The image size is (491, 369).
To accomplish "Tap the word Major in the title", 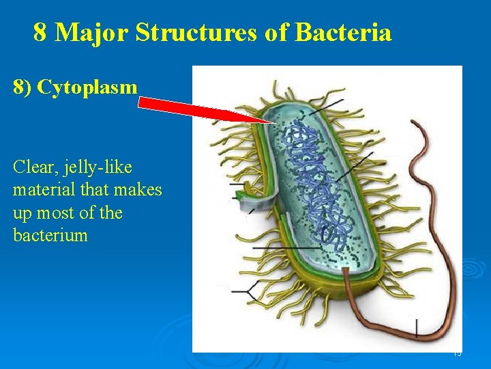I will coord(92,32).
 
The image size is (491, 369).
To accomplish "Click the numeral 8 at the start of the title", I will coord(40,32).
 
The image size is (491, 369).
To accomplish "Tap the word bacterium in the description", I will coord(50,236).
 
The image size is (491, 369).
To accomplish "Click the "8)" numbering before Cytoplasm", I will coord(23,87).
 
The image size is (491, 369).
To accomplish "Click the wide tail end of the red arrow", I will coord(141,103).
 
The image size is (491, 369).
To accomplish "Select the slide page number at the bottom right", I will coord(457,353).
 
